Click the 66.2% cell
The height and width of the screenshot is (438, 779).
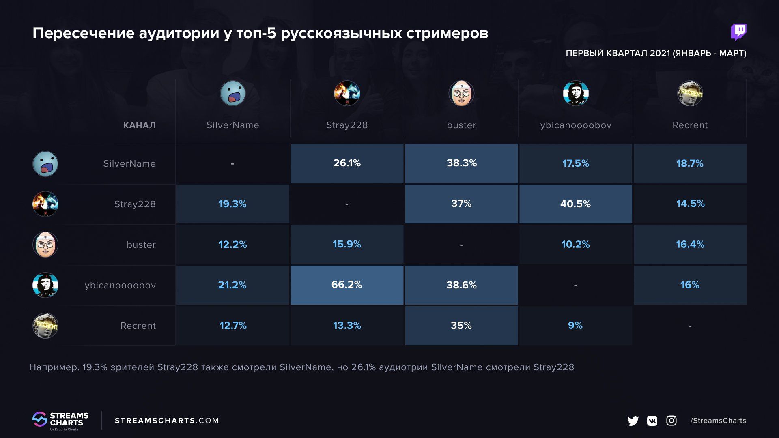[346, 285]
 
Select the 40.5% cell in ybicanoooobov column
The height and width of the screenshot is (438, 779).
[575, 204]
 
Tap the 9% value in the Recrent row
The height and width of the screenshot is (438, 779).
[575, 325]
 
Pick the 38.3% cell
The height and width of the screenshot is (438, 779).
[461, 163]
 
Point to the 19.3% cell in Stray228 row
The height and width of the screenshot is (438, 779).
[232, 204]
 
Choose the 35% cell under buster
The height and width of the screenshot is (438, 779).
[461, 325]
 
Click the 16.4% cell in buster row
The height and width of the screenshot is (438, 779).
[690, 244]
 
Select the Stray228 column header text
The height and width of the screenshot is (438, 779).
[347, 125]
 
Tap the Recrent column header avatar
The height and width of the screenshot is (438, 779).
[690, 93]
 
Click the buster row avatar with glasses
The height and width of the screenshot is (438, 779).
[45, 244]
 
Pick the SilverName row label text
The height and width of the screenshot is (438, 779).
[129, 163]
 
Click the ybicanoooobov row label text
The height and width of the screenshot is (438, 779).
[120, 285]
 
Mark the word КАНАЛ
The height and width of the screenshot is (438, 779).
[139, 125]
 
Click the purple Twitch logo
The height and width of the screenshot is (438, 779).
[738, 32]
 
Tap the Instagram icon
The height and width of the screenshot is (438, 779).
[671, 421]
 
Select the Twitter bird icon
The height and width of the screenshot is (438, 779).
[633, 421]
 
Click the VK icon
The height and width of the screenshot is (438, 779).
[652, 421]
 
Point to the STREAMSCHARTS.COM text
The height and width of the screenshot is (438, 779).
[166, 421]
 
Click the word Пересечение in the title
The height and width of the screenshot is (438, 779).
[84, 33]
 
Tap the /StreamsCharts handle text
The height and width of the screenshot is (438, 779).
[718, 421]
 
